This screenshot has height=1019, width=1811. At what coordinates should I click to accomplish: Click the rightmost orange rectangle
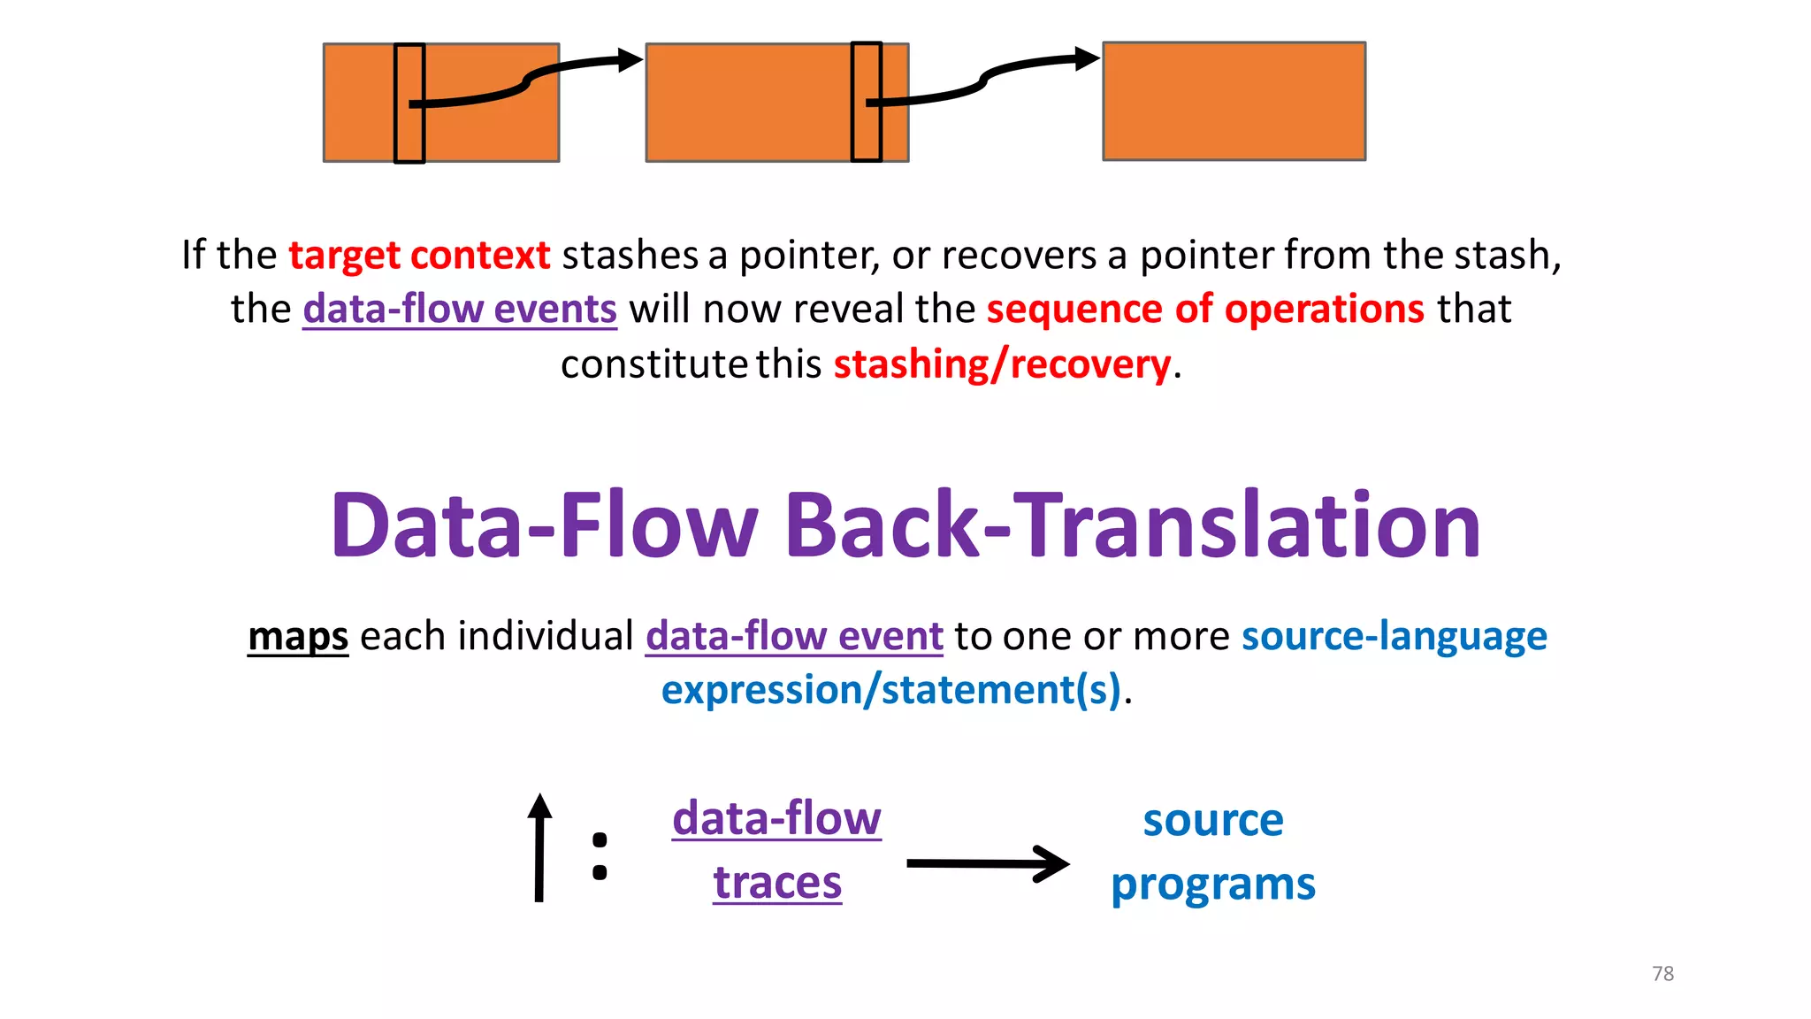coord(1234,101)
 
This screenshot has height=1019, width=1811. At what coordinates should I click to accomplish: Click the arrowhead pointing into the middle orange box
coord(630,60)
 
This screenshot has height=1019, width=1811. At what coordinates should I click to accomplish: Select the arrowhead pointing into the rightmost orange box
coord(1087,59)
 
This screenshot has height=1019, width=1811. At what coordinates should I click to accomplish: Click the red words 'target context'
coord(419,255)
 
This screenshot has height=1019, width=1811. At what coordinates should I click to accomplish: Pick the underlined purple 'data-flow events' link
coord(460,309)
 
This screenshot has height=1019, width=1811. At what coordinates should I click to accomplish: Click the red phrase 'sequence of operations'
coord(1205,309)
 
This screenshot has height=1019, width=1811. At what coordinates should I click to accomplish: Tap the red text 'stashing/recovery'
coord(1002,364)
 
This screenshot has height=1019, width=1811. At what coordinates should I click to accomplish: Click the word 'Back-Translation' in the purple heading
coord(1132,525)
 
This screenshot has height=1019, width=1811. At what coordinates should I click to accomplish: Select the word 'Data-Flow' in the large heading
coord(545,525)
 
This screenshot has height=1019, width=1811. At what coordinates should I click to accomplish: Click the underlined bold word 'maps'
coord(298,636)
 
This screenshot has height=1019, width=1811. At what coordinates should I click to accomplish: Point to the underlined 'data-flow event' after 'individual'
coord(794,636)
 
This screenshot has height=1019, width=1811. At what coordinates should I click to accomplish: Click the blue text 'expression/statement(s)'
coord(891,690)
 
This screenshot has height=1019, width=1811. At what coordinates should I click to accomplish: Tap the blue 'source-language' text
coord(1394,636)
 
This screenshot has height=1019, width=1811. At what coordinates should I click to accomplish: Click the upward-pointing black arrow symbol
coord(539,847)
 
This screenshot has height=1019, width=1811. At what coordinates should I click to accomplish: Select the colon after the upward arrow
coord(600,855)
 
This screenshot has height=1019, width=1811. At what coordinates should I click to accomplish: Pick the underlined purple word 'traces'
coord(777,883)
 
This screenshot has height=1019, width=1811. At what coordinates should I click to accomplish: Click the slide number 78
coord(1662,974)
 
